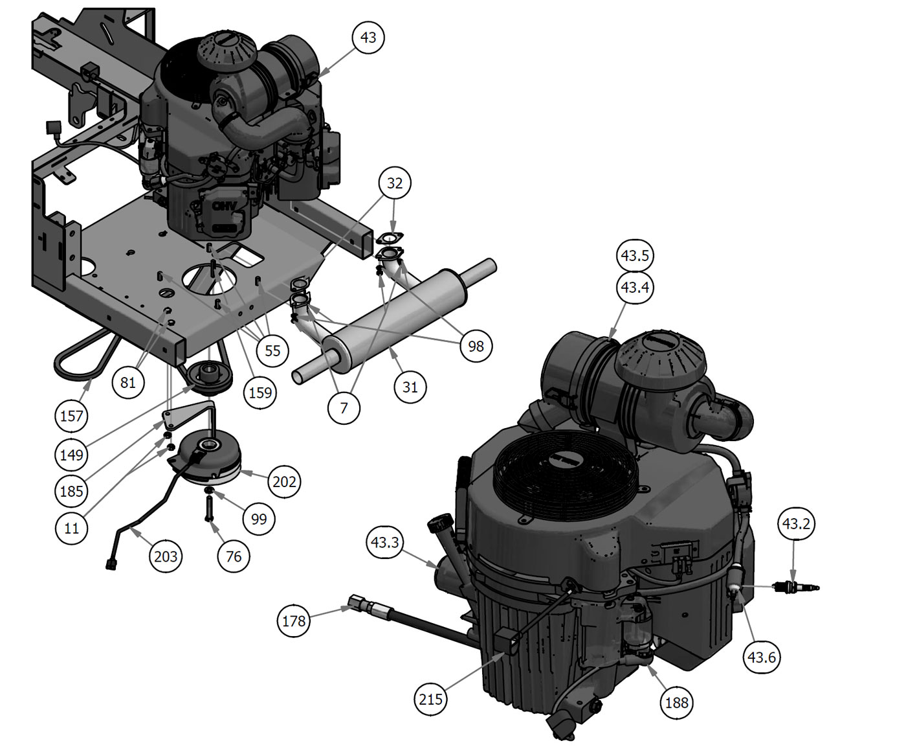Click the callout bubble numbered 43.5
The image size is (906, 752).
pyautogui.click(x=635, y=255)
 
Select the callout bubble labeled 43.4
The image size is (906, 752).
pyautogui.click(x=635, y=287)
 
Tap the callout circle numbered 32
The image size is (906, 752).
pyautogui.click(x=394, y=183)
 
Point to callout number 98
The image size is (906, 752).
pyautogui.click(x=476, y=347)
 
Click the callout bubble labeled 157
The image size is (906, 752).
pyautogui.click(x=72, y=416)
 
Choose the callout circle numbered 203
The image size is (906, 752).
pyautogui.click(x=166, y=556)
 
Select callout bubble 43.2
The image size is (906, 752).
pyautogui.click(x=796, y=524)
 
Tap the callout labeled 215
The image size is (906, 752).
pyautogui.click(x=430, y=700)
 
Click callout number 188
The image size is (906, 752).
pyautogui.click(x=676, y=703)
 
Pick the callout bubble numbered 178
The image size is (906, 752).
pyautogui.click(x=294, y=621)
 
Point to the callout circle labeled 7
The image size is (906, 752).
pyautogui.click(x=344, y=408)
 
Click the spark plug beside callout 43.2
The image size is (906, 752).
pyautogui.click(x=797, y=587)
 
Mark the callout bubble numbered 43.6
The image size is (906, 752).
pyautogui.click(x=762, y=657)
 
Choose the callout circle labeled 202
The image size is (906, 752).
pyautogui.click(x=284, y=482)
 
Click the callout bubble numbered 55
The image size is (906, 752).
pyautogui.click(x=272, y=351)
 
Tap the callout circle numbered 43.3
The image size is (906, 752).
pyautogui.click(x=384, y=542)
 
